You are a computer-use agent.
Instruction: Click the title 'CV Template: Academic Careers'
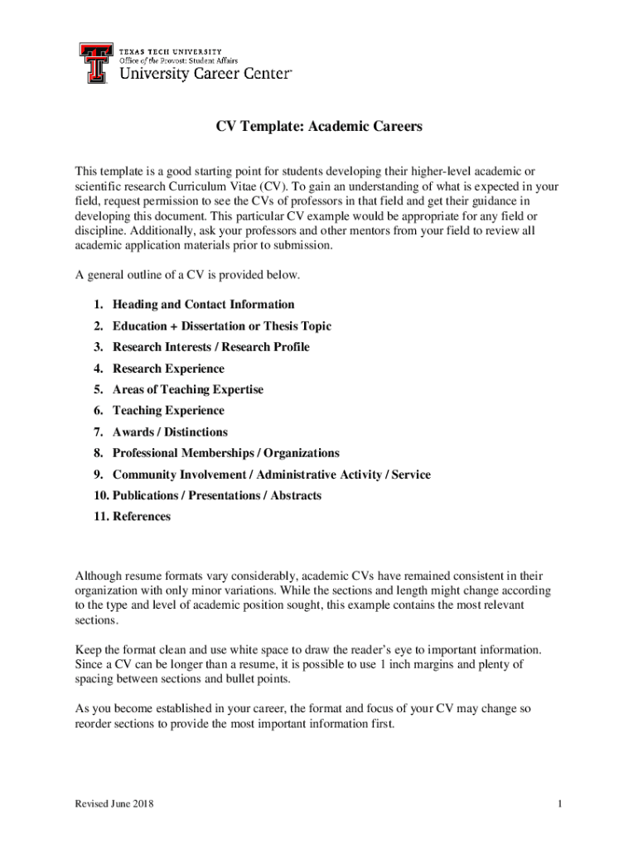pos(319,127)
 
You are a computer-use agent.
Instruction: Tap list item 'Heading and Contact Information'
pos(203,305)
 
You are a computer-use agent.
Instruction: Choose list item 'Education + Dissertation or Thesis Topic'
pos(221,326)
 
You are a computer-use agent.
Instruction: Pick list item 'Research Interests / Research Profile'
pos(210,347)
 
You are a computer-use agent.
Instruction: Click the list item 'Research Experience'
pos(168,369)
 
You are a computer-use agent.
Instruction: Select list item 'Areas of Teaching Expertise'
pos(187,389)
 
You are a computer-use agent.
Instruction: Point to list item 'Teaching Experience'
pos(168,411)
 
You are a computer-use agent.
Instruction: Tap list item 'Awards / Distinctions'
pos(170,432)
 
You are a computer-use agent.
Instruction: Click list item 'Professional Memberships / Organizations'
pos(225,453)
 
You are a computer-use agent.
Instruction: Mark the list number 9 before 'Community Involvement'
pos(97,475)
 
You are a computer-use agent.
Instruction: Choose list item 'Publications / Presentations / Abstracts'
pos(216,495)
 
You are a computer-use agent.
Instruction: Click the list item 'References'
pos(141,517)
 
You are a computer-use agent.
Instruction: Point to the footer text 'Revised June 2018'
pos(114,805)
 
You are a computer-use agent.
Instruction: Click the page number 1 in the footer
pos(560,805)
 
